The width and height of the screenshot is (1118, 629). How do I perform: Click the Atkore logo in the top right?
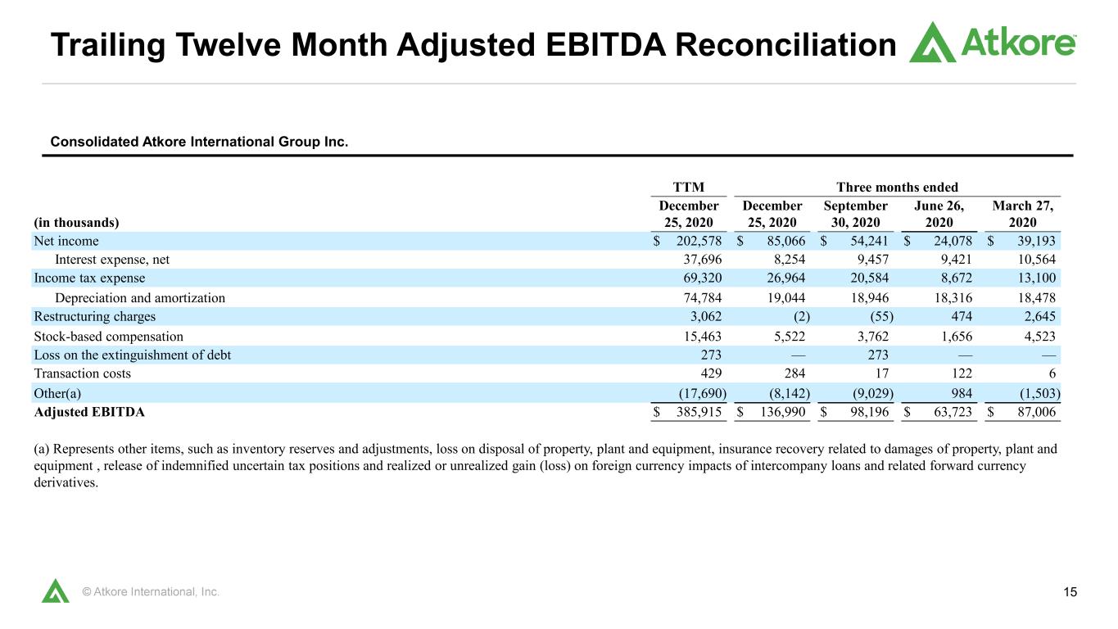coord(992,43)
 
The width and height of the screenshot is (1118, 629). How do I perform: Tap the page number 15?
coord(1070,592)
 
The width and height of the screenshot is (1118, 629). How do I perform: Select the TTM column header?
coord(688,188)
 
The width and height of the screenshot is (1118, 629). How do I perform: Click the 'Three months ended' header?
coord(897,188)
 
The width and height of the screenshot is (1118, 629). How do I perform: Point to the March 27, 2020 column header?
coord(1022,214)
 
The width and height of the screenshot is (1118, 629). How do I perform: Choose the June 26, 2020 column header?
coord(939,214)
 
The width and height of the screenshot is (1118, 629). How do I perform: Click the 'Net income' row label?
coord(66,241)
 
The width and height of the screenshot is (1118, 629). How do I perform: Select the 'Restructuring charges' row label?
coord(95,316)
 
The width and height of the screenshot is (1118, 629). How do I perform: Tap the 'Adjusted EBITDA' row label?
coord(89,412)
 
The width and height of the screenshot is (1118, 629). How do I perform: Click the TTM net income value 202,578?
coord(699,241)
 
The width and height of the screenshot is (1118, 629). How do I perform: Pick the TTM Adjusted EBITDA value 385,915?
coord(699,412)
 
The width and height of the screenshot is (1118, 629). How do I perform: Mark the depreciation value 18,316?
coord(953,298)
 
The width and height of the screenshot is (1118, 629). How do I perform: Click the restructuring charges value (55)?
coord(881,316)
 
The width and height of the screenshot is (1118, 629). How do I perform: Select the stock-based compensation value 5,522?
coord(790,337)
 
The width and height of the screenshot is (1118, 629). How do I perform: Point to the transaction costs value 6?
coord(1052,373)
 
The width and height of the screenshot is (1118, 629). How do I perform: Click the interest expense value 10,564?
coord(1037,260)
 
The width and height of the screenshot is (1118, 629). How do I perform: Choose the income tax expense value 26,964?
coord(786,278)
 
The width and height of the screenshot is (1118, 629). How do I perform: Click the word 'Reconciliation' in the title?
coord(785,44)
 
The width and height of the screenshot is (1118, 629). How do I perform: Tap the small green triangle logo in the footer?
coord(56,591)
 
